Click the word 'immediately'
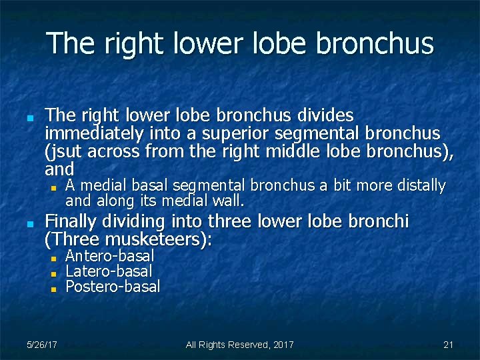(x=92, y=133)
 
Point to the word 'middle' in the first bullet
(x=291, y=151)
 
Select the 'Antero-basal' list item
(x=109, y=256)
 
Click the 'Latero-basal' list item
(x=109, y=271)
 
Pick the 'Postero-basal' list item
(x=113, y=287)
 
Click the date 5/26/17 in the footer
(x=41, y=345)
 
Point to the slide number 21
(x=448, y=345)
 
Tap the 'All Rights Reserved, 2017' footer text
(x=239, y=345)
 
